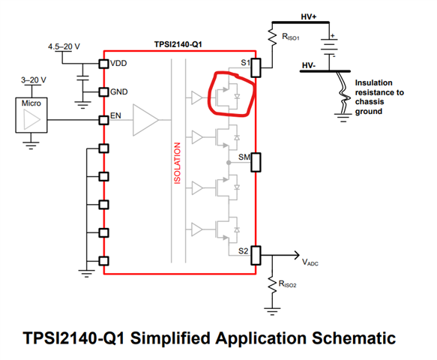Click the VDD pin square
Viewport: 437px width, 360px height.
point(103,64)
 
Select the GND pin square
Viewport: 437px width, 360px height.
point(103,91)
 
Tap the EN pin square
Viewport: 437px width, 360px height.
point(103,120)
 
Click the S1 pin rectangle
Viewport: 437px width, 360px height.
point(256,67)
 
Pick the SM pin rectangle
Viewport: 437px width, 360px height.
point(256,162)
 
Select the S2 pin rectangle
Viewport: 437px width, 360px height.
point(256,255)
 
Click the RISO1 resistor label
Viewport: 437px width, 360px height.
point(291,37)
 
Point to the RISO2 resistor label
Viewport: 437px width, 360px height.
point(287,284)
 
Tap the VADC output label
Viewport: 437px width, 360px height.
point(310,262)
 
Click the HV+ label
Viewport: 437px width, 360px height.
point(309,16)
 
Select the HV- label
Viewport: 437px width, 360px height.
point(309,65)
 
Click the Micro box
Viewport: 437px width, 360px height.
point(31,115)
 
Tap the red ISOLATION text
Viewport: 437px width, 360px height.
point(177,163)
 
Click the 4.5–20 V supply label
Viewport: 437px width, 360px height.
point(64,46)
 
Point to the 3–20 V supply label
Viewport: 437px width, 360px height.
point(34,80)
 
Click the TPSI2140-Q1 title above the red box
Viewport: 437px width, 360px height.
point(178,44)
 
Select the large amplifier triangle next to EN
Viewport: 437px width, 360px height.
point(145,120)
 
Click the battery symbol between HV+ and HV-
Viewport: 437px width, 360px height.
point(329,46)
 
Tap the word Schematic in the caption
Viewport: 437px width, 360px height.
point(354,338)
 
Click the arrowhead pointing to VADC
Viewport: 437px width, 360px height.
point(297,255)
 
